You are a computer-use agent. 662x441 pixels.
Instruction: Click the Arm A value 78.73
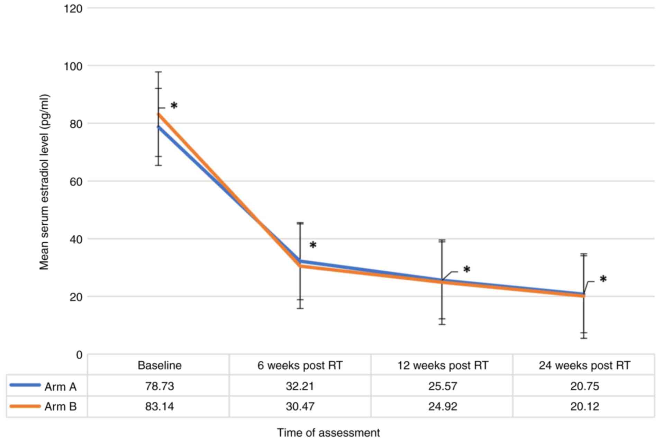click(x=160, y=386)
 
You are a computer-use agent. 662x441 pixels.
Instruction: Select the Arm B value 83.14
click(x=160, y=406)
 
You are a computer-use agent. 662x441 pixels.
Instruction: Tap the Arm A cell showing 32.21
click(x=300, y=386)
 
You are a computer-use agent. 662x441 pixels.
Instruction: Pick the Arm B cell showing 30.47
click(x=300, y=406)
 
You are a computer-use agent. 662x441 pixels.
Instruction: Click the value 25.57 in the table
click(x=443, y=386)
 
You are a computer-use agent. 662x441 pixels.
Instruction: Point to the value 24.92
click(x=443, y=406)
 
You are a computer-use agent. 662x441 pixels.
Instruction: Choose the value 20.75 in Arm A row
click(x=584, y=386)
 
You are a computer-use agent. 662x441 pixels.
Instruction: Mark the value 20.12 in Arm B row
click(x=584, y=406)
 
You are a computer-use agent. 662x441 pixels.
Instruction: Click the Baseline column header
click(x=160, y=366)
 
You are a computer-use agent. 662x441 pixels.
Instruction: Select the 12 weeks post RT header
click(x=443, y=366)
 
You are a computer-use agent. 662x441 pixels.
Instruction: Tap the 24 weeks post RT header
click(x=584, y=366)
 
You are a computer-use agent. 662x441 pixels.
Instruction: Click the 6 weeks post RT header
click(x=300, y=366)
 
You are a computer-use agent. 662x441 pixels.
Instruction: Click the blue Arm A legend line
click(x=25, y=385)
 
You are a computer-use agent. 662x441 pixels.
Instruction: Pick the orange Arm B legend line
click(x=25, y=406)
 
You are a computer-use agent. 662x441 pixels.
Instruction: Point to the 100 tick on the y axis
click(x=73, y=66)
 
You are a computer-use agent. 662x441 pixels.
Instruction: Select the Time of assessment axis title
click(x=328, y=433)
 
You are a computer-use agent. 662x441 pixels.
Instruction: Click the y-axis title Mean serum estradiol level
click(x=44, y=182)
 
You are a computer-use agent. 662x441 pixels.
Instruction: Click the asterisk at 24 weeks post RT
click(x=603, y=279)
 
